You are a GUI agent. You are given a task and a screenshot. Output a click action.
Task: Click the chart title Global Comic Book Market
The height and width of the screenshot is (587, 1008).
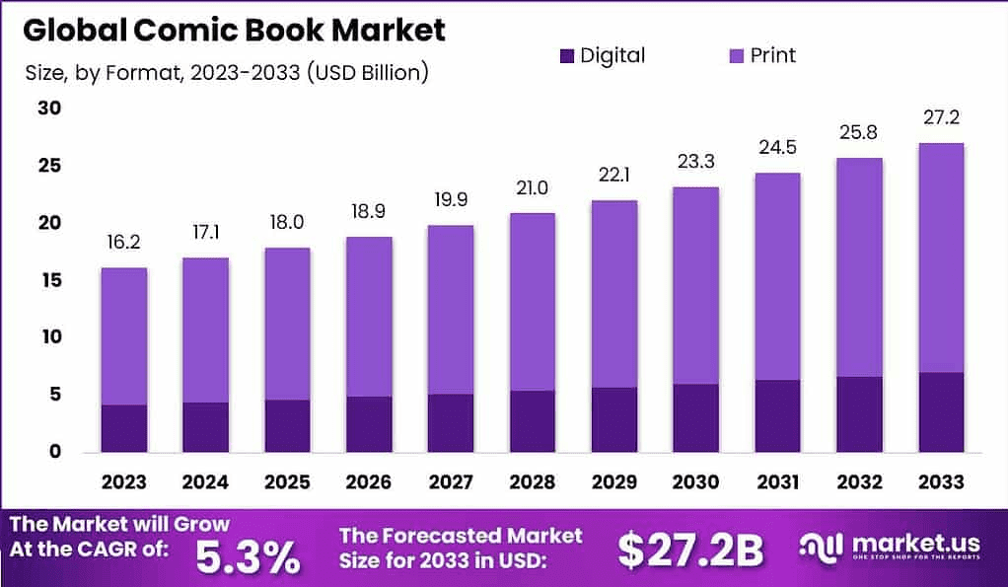(234, 30)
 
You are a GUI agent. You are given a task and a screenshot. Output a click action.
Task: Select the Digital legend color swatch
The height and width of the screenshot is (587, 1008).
(565, 55)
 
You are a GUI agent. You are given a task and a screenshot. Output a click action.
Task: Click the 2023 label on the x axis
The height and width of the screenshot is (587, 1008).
(123, 482)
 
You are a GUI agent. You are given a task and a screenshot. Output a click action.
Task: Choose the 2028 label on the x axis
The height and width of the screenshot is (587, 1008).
(533, 482)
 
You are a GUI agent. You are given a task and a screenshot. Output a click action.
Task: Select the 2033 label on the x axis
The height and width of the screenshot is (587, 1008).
(940, 482)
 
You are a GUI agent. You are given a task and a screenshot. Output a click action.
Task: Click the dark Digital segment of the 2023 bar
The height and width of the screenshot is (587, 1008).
(123, 428)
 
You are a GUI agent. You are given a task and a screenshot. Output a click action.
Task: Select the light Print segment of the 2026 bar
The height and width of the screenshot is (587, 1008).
(369, 316)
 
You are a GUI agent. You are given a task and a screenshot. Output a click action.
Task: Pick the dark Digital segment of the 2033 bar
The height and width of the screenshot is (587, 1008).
(940, 412)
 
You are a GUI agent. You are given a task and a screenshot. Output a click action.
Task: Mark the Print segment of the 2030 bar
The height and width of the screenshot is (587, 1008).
(695, 285)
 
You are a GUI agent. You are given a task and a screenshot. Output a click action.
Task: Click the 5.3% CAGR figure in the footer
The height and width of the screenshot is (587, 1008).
(248, 555)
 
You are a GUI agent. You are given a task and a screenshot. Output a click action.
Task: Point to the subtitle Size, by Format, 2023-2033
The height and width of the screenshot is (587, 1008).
(226, 73)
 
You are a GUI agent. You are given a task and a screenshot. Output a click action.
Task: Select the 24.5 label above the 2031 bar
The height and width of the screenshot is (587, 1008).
(777, 148)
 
